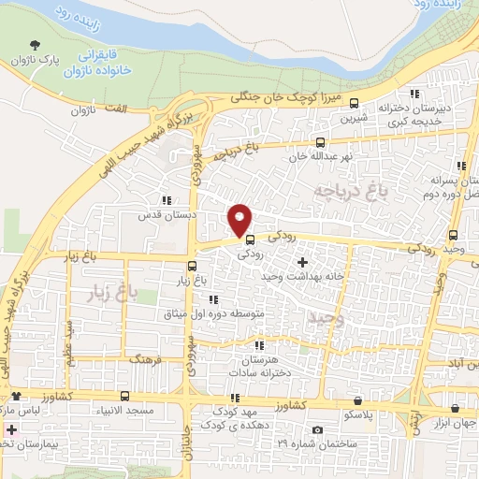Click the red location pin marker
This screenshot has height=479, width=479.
point(240,219)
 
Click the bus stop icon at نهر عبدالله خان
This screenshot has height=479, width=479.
point(320,144)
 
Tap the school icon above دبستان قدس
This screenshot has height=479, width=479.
point(166,199)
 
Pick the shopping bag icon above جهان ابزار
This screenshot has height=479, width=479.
point(455,408)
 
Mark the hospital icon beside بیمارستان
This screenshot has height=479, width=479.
point(10,431)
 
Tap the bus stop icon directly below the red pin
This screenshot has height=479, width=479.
point(249,239)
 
